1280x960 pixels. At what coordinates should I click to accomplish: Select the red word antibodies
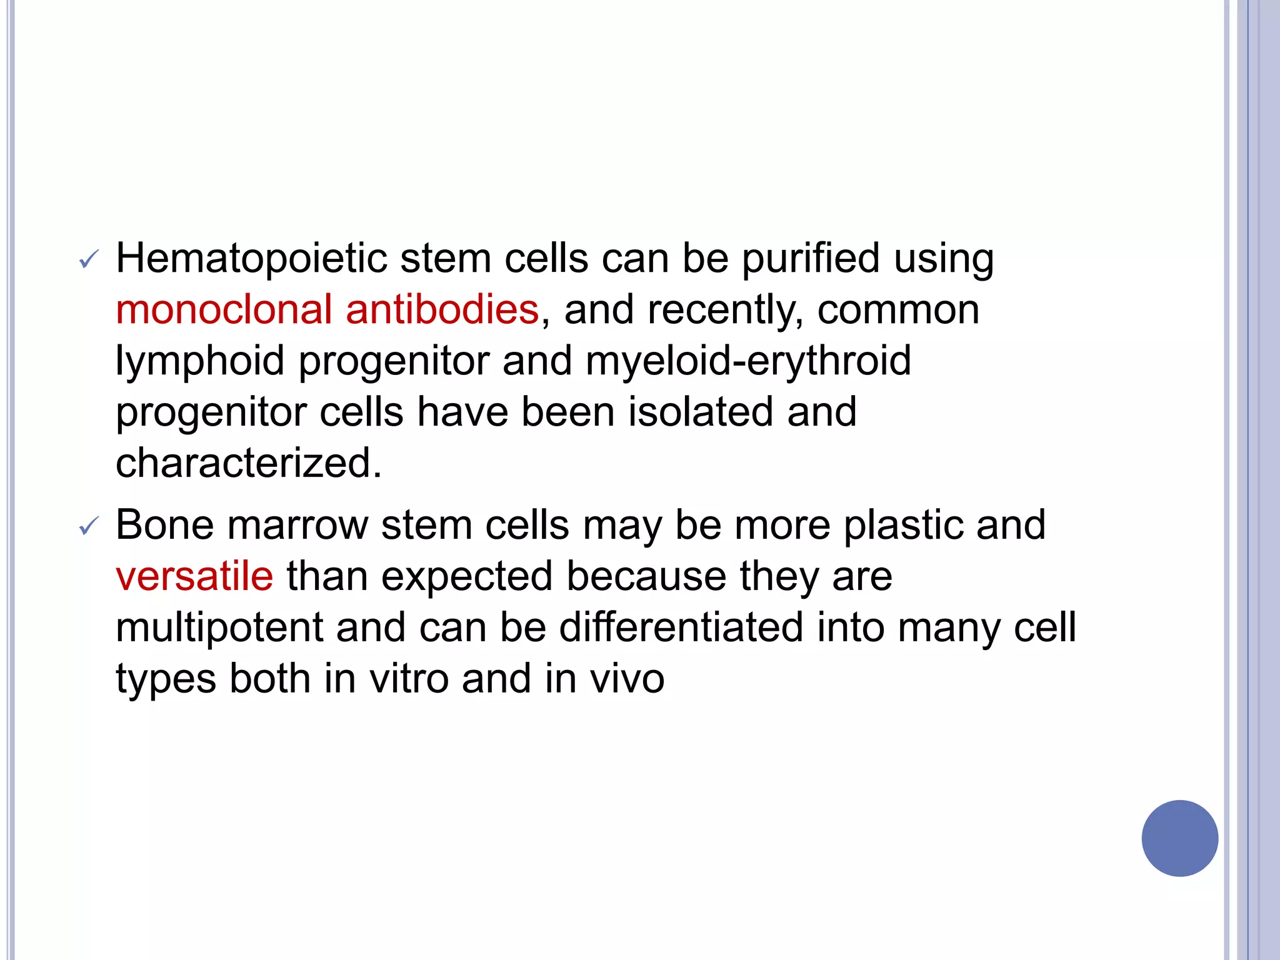click(442, 310)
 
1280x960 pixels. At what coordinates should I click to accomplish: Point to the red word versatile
click(194, 576)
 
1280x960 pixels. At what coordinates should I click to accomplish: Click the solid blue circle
click(1179, 838)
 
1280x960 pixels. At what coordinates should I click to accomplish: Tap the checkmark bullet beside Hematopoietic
click(89, 259)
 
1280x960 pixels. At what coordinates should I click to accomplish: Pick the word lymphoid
click(200, 362)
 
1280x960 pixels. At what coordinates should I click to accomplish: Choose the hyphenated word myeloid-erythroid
click(748, 361)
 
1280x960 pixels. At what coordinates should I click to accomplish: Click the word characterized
click(248, 464)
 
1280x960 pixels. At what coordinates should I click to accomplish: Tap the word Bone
click(165, 525)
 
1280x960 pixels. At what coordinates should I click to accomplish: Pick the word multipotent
click(219, 627)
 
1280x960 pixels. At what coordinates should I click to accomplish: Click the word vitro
click(409, 679)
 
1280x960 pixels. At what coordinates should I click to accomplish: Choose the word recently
click(725, 311)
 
